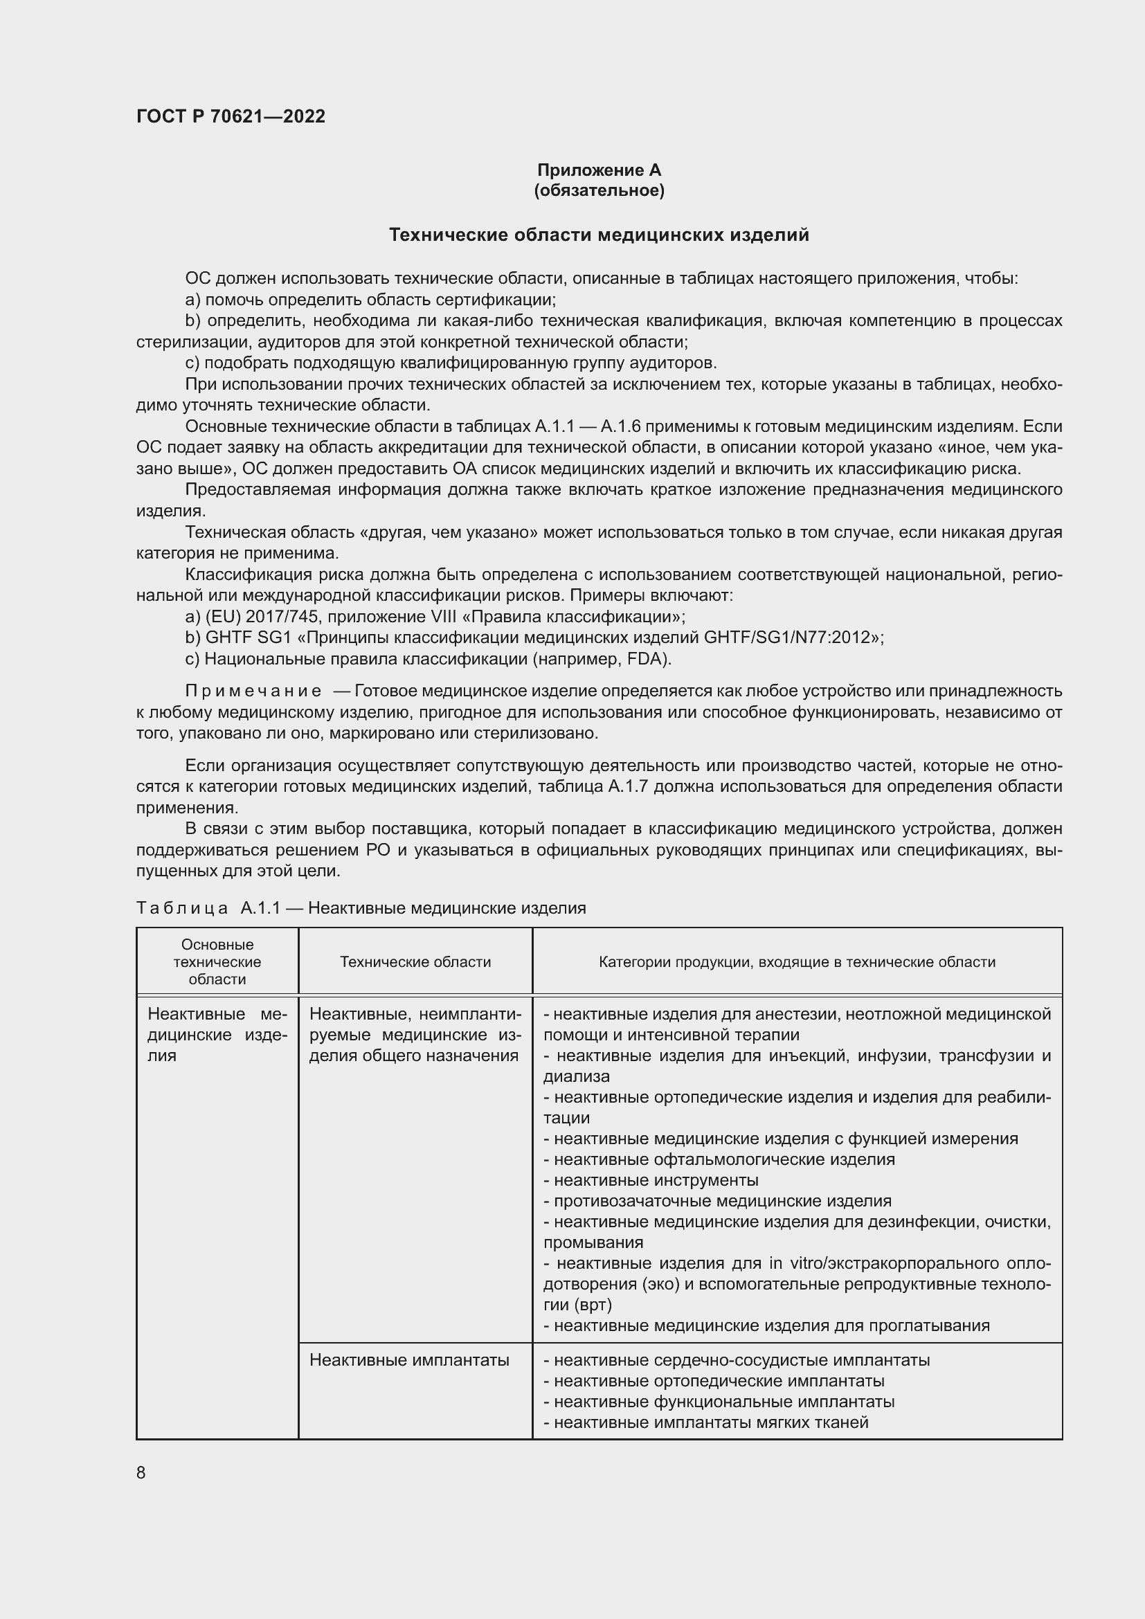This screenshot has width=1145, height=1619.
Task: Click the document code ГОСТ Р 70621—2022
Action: tap(231, 116)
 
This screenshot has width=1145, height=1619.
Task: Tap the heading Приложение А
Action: tap(599, 170)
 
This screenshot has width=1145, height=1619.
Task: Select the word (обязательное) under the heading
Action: tap(599, 190)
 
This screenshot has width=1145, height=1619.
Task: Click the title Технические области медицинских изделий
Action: tap(599, 235)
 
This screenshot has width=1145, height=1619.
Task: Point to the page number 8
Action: tap(141, 1472)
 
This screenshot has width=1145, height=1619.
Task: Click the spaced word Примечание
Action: tap(253, 691)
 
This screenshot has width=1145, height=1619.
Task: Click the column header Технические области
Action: tap(415, 962)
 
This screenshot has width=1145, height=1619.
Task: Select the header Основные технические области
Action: tap(217, 962)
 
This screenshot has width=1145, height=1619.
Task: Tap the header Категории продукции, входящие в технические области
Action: tap(797, 962)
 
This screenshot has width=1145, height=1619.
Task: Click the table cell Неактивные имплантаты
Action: tap(409, 1360)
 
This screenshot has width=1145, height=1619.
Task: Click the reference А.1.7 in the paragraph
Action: tap(629, 786)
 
